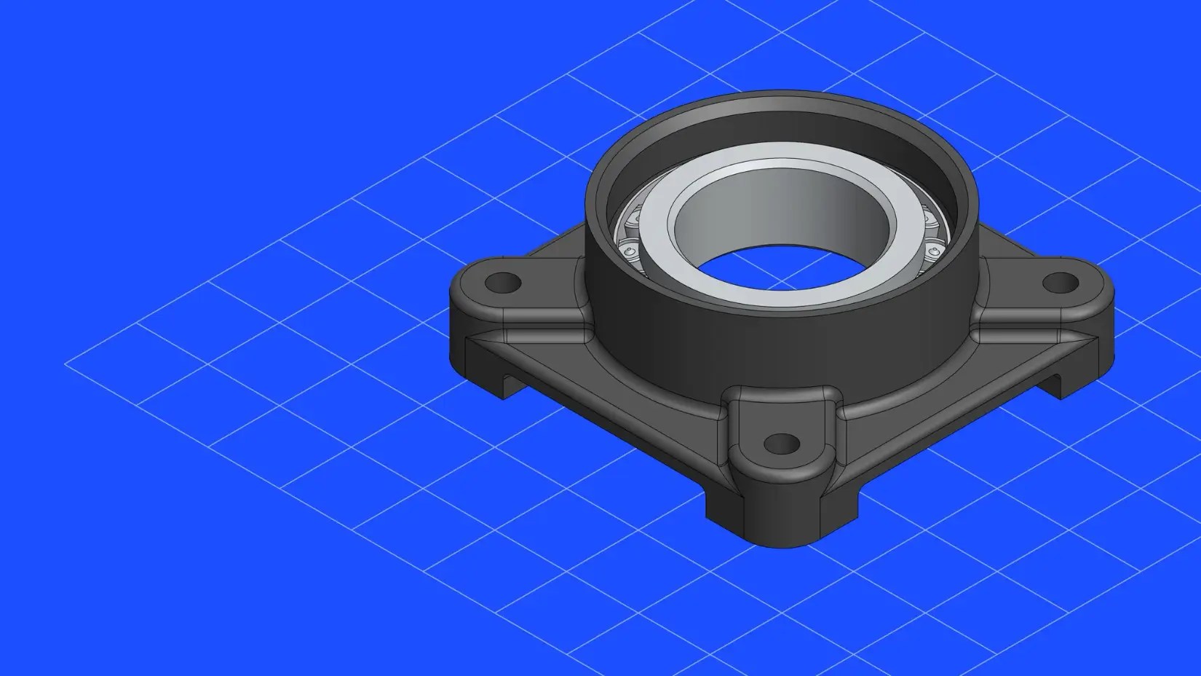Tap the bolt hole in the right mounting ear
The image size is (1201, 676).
click(x=1060, y=281)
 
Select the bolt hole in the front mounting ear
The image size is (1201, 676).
click(x=783, y=442)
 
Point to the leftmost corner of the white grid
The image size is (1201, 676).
click(x=66, y=362)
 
